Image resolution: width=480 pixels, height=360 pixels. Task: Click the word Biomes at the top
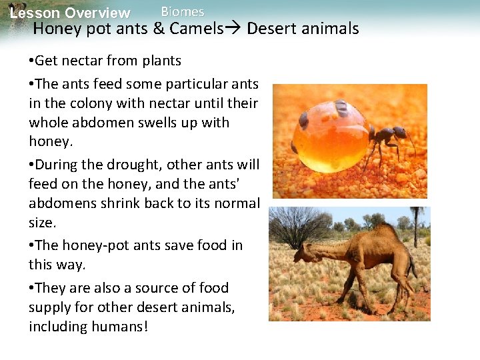click(x=183, y=11)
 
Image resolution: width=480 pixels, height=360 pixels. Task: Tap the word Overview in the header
click(x=99, y=13)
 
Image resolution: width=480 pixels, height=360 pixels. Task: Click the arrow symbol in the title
click(x=235, y=29)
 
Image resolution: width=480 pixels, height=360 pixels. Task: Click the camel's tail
click(x=413, y=263)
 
